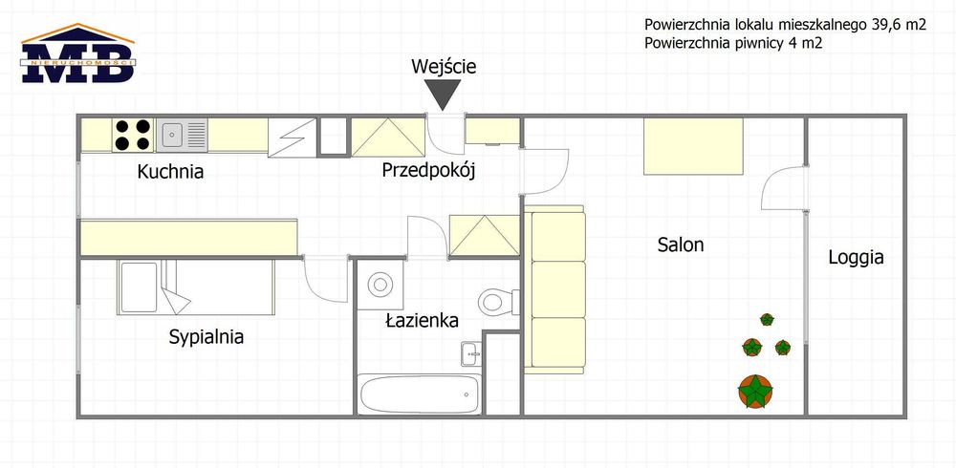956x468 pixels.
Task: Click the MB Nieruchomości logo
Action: pos(78,53)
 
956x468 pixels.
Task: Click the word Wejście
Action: pos(444,67)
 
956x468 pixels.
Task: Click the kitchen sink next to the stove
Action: pos(183,135)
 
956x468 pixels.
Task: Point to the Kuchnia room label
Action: pos(170,172)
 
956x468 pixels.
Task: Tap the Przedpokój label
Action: pos(428,171)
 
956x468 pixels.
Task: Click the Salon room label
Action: pos(681,245)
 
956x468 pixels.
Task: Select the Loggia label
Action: pos(856,257)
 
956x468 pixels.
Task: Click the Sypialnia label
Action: pos(206,336)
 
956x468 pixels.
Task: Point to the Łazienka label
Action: pos(422,320)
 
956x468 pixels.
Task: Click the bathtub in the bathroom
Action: pos(420,394)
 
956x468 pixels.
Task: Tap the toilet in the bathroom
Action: pos(498,302)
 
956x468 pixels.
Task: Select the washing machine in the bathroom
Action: pos(380,285)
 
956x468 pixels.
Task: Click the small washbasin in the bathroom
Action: pos(471,353)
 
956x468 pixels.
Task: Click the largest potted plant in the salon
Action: pos(755,392)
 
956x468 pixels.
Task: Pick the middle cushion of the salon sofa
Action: pos(558,288)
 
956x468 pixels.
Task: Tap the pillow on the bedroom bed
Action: pos(139,287)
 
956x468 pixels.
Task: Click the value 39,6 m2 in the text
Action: pos(893,25)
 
